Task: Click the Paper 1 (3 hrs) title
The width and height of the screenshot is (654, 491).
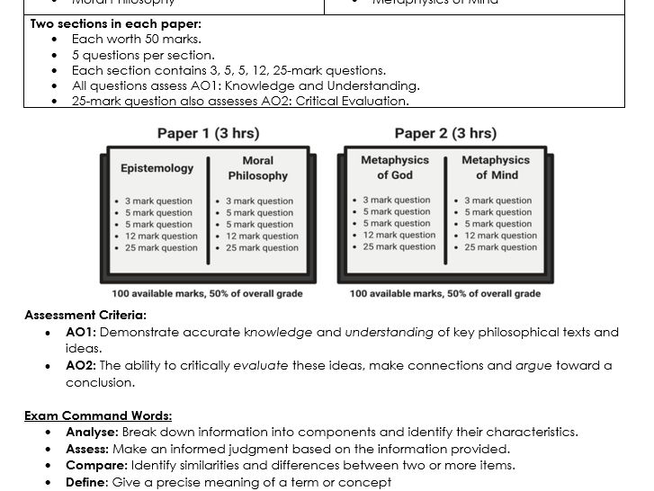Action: [x=208, y=134]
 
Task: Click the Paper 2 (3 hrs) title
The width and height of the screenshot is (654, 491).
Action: [x=445, y=134]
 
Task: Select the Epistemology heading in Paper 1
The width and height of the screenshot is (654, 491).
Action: [x=157, y=168]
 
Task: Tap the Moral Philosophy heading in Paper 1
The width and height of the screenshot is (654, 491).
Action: [x=257, y=168]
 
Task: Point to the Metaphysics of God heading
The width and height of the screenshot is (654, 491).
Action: [x=395, y=167]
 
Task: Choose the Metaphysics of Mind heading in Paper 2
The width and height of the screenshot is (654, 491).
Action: [x=496, y=167]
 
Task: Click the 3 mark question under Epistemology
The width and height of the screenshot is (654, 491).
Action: [x=158, y=201]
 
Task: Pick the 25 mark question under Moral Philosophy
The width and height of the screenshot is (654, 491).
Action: [x=262, y=248]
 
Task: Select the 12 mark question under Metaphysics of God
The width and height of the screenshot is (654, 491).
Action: [x=399, y=236]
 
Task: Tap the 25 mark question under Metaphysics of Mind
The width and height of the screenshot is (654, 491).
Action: [x=501, y=247]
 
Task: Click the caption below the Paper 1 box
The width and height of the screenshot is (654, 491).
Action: [x=207, y=294]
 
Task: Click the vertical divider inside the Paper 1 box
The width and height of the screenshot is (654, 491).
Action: [x=208, y=211]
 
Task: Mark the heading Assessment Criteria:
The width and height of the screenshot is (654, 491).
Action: [x=85, y=316]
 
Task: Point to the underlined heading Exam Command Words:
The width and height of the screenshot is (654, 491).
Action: [x=98, y=415]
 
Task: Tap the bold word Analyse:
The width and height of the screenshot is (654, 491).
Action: [x=92, y=432]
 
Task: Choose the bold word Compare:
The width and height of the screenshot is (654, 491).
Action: [x=96, y=465]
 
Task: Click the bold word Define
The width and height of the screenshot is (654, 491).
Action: [x=85, y=482]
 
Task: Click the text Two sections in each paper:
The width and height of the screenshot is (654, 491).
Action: [x=116, y=23]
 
